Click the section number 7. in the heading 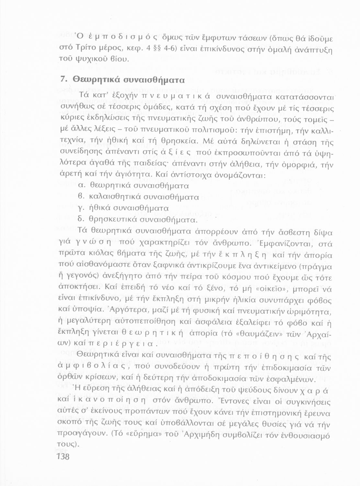(64, 79)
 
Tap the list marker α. (82, 186)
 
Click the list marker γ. (82, 208)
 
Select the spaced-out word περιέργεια (123, 344)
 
